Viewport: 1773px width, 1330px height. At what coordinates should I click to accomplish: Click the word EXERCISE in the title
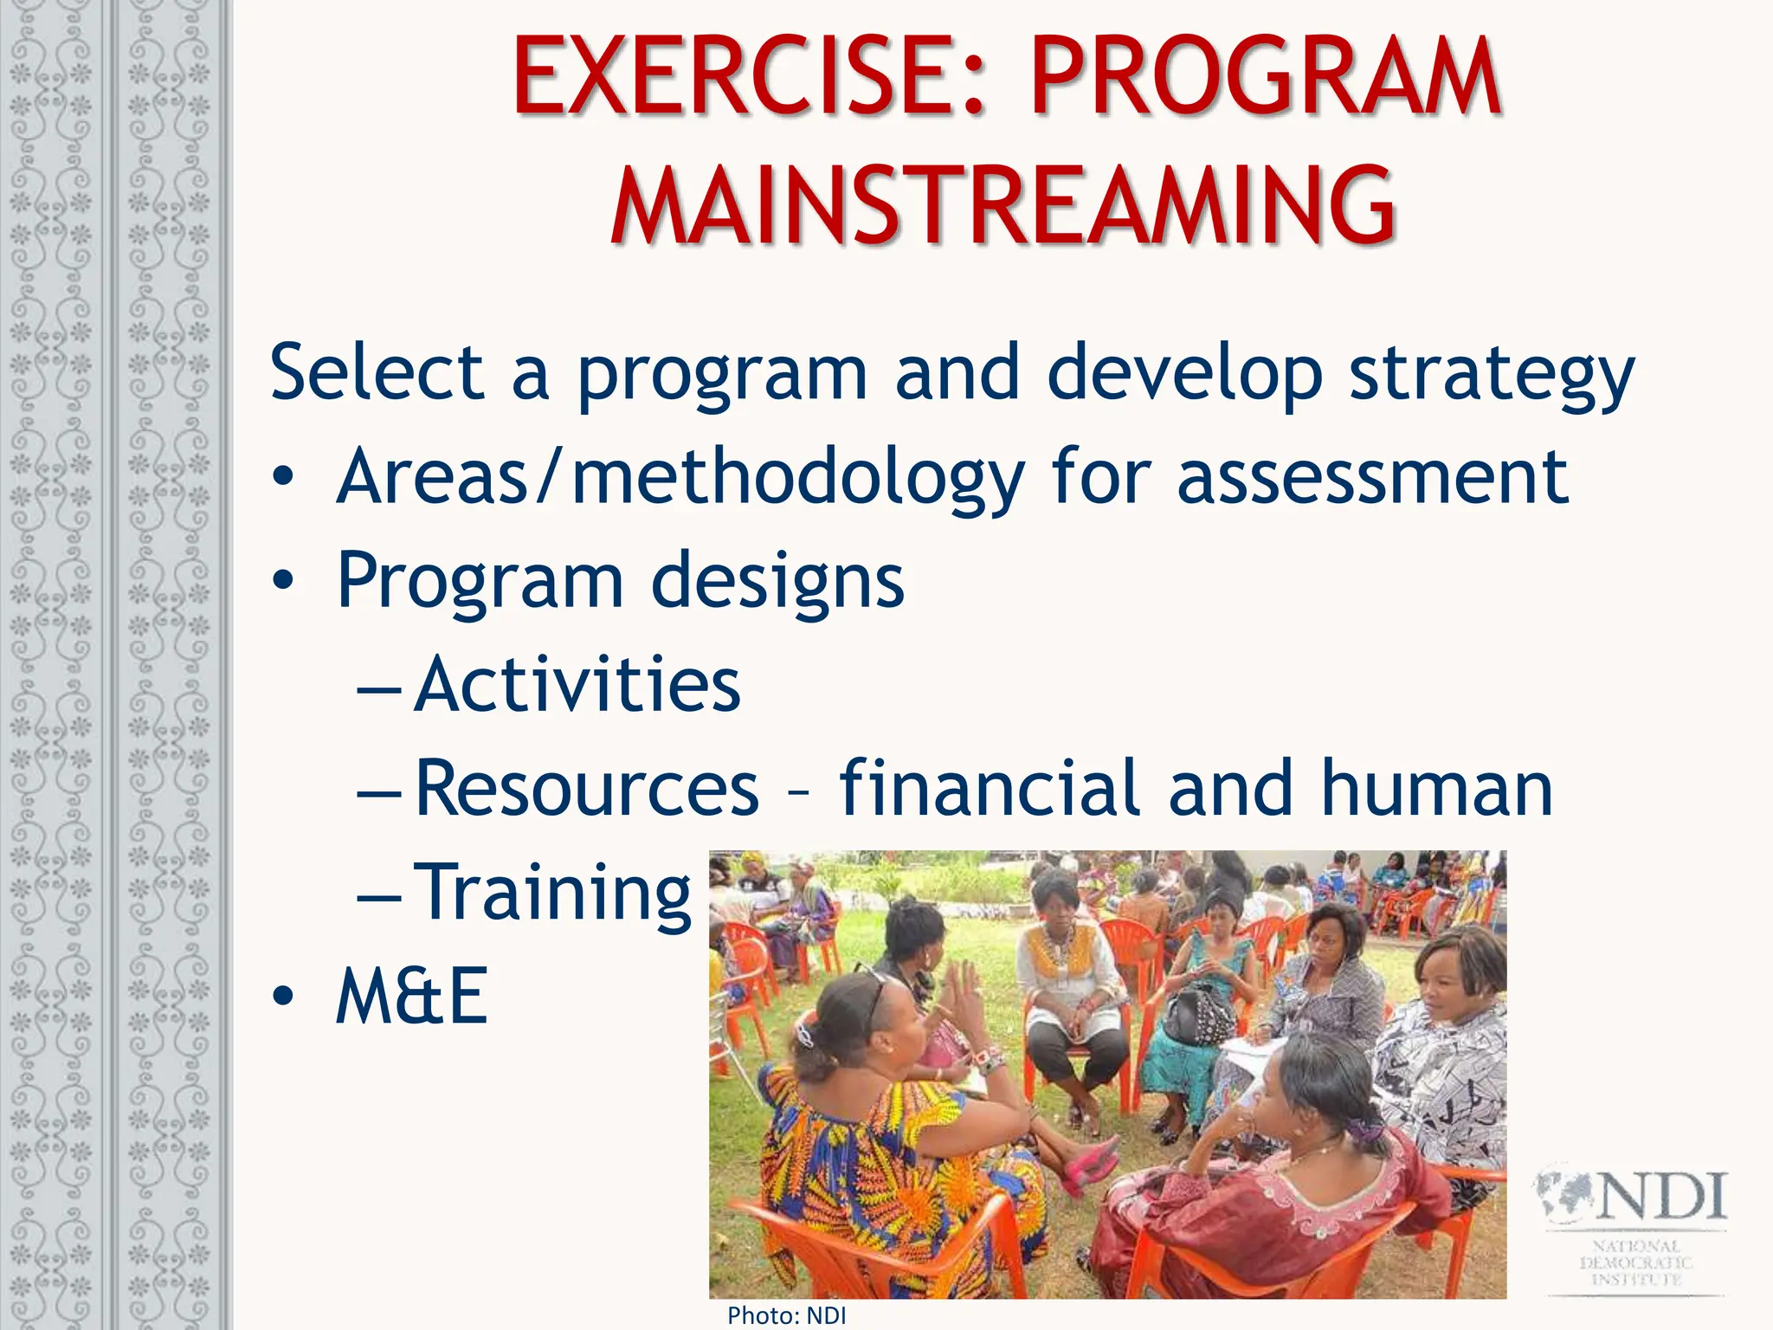click(x=751, y=78)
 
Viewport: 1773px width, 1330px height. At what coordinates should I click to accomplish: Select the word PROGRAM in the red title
click(x=1266, y=78)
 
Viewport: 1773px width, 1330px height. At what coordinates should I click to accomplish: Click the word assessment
click(x=1372, y=478)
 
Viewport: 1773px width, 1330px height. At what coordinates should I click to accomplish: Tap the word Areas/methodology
click(x=680, y=478)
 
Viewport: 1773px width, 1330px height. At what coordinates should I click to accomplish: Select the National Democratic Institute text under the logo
click(x=1635, y=1262)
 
